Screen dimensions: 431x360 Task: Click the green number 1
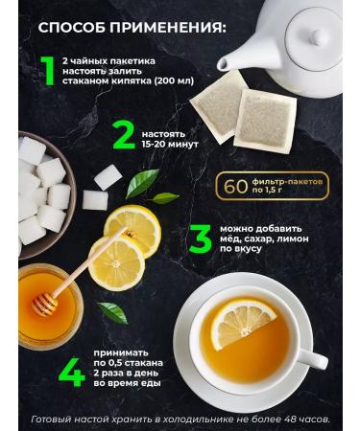point(45,73)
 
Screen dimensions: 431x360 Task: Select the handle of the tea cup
point(309,359)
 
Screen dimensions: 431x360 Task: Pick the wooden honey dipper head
point(45,303)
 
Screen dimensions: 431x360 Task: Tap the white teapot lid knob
point(315,36)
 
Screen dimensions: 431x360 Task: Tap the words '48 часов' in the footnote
point(304,420)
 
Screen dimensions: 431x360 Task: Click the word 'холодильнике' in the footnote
point(190,420)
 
